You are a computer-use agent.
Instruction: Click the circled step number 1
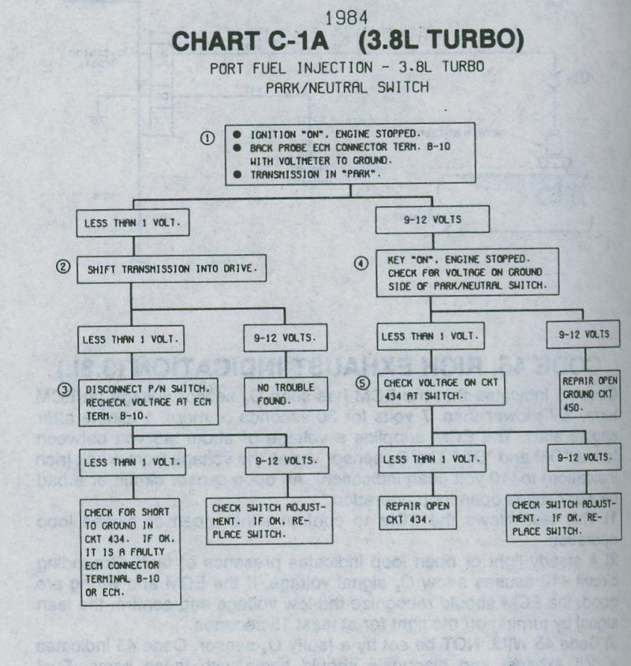tap(207, 137)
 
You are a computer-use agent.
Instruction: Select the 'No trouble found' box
tap(283, 393)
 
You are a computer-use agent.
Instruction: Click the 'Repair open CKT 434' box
tap(418, 511)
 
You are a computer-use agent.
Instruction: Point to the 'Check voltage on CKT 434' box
tap(432, 388)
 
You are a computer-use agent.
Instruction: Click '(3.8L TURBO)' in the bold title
tap(427, 43)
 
